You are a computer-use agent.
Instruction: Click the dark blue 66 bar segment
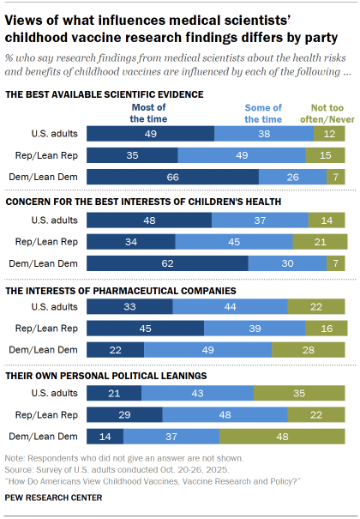pos(172,176)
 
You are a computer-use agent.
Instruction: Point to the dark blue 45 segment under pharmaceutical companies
pos(145,327)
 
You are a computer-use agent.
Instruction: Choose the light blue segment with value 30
pos(287,263)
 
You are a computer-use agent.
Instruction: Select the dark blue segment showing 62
pos(167,263)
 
